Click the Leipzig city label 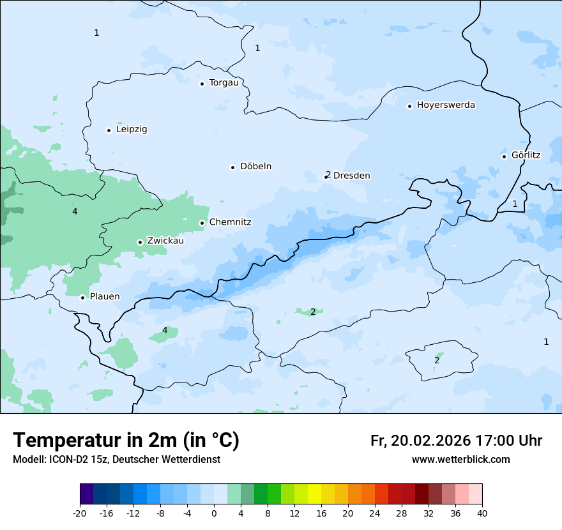[132, 130]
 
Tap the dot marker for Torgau [202, 84]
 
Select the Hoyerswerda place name [446, 105]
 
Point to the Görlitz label [526, 155]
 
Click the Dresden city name [351, 176]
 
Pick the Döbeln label [255, 167]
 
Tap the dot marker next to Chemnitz [202, 223]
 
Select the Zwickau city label [165, 241]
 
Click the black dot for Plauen [82, 298]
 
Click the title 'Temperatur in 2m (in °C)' [126, 440]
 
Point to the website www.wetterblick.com [460, 460]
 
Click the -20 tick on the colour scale [80, 513]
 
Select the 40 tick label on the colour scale [482, 513]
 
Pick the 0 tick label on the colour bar [214, 513]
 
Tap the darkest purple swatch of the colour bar [86, 494]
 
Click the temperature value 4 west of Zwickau [75, 211]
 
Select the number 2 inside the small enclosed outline [437, 361]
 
